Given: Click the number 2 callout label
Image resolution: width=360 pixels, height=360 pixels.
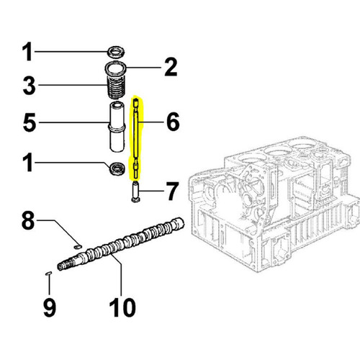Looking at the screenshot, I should pyautogui.click(x=170, y=68).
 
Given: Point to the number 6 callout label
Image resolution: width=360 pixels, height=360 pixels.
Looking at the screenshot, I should pyautogui.click(x=172, y=122).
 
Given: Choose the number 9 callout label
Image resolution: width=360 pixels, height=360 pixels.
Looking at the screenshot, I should pyautogui.click(x=49, y=307).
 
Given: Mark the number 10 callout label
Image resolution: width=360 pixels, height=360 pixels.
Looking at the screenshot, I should pyautogui.click(x=122, y=308).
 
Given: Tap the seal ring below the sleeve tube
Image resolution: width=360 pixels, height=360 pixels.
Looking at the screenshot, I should pyautogui.click(x=115, y=170).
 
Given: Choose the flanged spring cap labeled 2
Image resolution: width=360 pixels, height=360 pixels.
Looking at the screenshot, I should pyautogui.click(x=115, y=70).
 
